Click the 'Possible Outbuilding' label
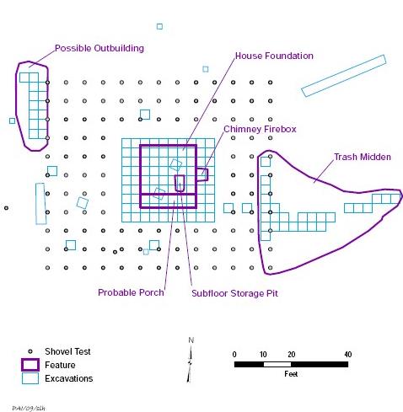[99, 48]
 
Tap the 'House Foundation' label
[274, 56]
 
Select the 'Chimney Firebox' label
[260, 129]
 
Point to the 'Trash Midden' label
[363, 157]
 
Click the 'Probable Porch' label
[131, 292]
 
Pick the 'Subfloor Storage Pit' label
[234, 293]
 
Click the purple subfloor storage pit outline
[175, 183]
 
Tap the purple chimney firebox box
[207, 174]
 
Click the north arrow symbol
[190, 364]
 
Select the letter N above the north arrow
[191, 340]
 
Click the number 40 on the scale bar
[348, 355]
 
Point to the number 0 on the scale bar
[234, 355]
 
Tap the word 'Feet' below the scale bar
[291, 374]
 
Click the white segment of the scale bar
[277, 364]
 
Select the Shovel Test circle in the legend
[30, 351]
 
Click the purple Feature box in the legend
[30, 360]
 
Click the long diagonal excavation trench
[344, 76]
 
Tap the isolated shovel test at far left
[6, 208]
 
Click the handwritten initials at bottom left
[29, 409]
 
